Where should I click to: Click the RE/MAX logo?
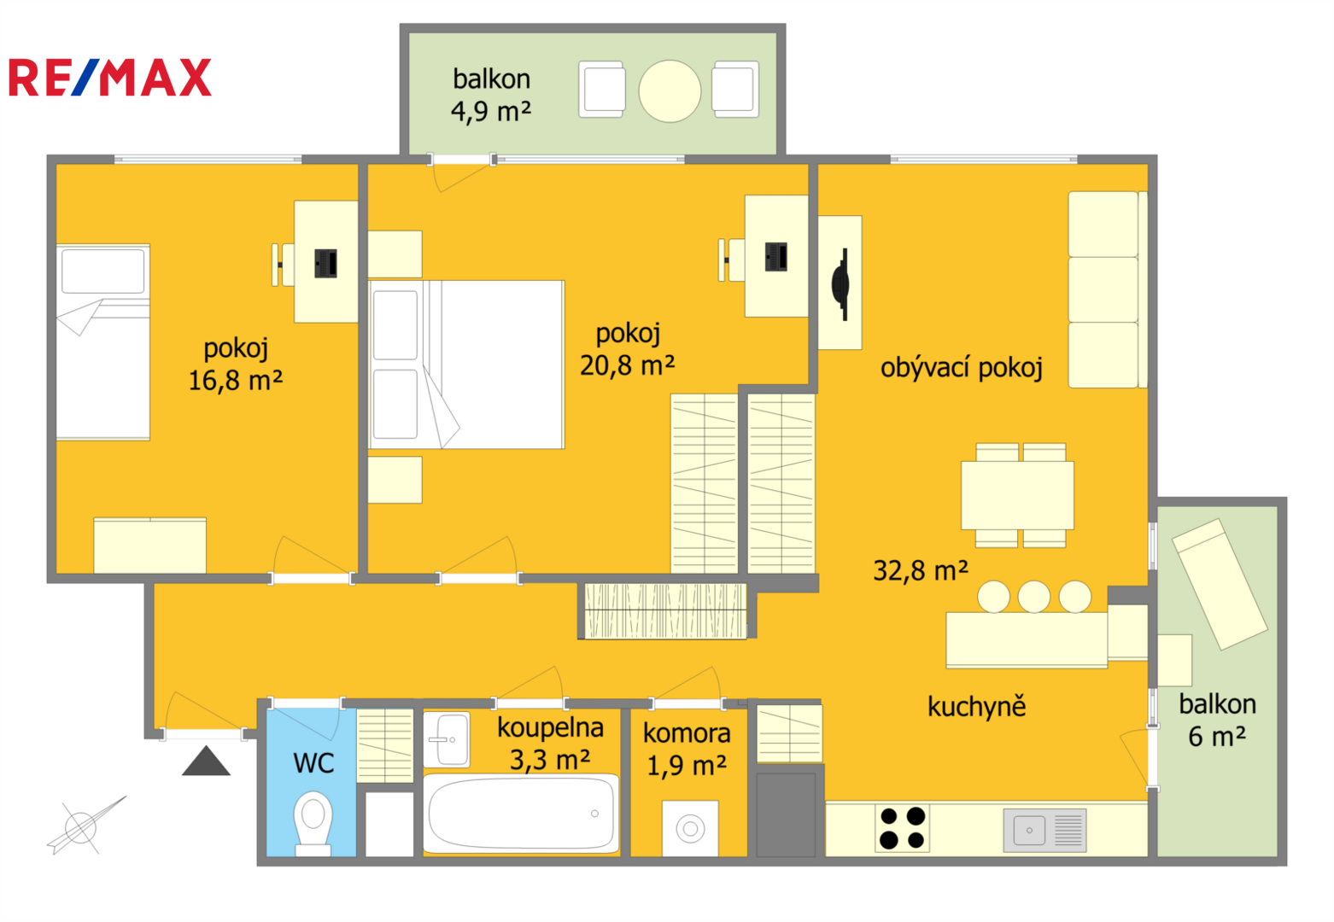pyautogui.click(x=110, y=78)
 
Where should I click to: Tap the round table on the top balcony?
pyautogui.click(x=670, y=91)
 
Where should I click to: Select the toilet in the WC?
pyautogui.click(x=313, y=823)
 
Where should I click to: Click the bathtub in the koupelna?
pyautogui.click(x=521, y=813)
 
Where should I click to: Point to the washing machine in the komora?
pyautogui.click(x=690, y=829)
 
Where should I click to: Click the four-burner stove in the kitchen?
pyautogui.click(x=902, y=828)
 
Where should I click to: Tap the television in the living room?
pyautogui.click(x=840, y=284)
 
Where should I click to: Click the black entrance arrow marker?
pyautogui.click(x=206, y=762)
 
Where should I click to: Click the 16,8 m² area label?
pyautogui.click(x=235, y=381)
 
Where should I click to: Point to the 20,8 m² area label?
pyautogui.click(x=627, y=365)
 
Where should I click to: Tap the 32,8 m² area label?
pyautogui.click(x=921, y=571)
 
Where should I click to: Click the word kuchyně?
pyautogui.click(x=977, y=706)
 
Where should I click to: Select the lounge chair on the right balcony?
pyautogui.click(x=1220, y=584)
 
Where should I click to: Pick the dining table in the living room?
pyautogui.click(x=1017, y=495)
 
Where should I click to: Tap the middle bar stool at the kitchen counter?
pyautogui.click(x=1034, y=597)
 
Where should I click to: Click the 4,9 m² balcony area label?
pyautogui.click(x=491, y=111)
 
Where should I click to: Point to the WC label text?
pyautogui.click(x=313, y=763)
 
